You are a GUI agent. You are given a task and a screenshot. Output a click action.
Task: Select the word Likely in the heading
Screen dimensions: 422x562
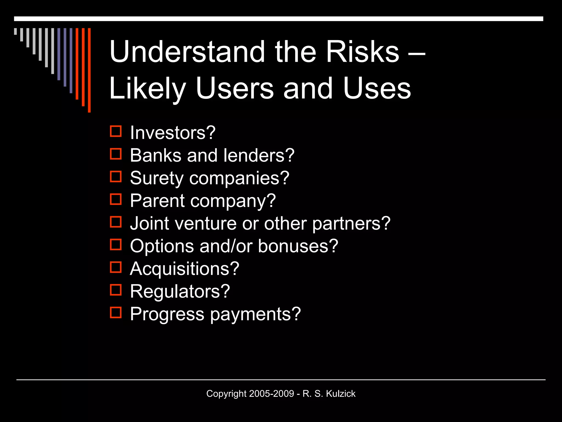tap(147, 88)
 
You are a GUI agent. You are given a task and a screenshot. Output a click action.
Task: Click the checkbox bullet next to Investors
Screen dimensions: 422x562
tap(116, 131)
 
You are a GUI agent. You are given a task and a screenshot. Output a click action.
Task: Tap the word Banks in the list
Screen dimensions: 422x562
tap(155, 155)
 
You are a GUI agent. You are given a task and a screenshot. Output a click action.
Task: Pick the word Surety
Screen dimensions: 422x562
tap(157, 178)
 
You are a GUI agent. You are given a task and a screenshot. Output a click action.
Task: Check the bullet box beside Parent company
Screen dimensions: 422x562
tap(116, 199)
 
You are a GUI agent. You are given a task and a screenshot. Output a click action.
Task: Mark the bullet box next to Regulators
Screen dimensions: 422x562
tap(116, 290)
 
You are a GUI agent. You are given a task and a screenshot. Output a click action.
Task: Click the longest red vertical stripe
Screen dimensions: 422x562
tap(89, 70)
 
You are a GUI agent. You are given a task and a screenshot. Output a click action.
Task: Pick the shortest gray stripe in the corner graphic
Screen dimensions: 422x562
tap(15, 31)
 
